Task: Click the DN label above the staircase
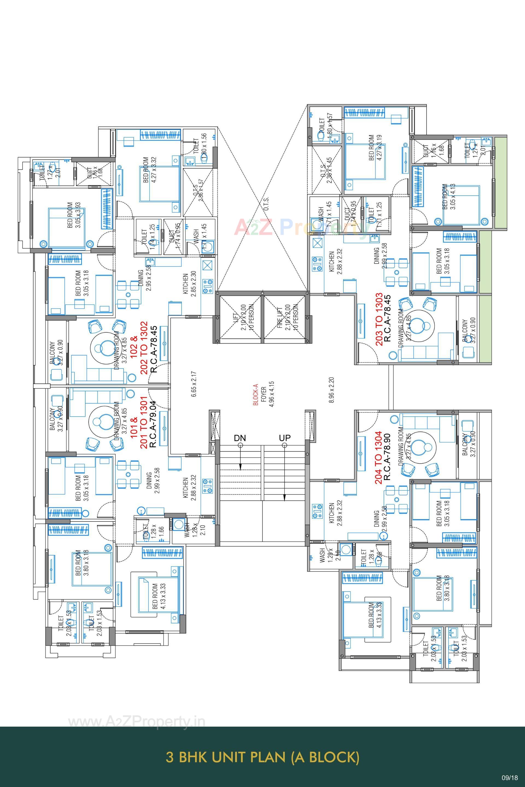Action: pos(240,438)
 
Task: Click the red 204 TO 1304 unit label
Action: pos(379,457)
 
